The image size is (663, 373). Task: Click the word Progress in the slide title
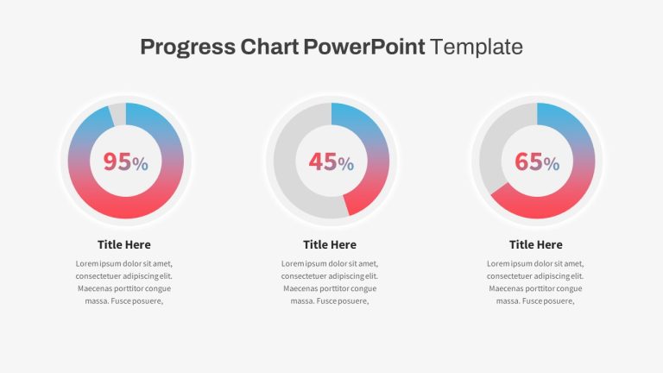click(187, 47)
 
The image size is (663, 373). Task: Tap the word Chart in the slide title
click(269, 47)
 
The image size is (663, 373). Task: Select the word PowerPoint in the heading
click(364, 47)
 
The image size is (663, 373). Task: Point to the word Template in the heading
click(477, 47)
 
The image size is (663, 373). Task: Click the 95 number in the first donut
click(117, 161)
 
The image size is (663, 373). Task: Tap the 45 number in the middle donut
click(323, 161)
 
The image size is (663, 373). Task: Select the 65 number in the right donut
click(528, 161)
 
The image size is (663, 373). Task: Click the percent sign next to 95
click(141, 164)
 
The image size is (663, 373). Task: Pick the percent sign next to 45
click(346, 164)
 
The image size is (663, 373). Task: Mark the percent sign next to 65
click(552, 164)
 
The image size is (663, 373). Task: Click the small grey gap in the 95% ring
click(118, 114)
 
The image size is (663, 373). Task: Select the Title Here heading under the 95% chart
click(124, 244)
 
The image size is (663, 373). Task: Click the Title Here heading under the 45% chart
click(330, 244)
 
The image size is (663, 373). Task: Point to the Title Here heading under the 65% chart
click(536, 244)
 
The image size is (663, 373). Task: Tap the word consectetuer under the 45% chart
click(304, 276)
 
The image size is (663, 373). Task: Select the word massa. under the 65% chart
click(508, 301)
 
